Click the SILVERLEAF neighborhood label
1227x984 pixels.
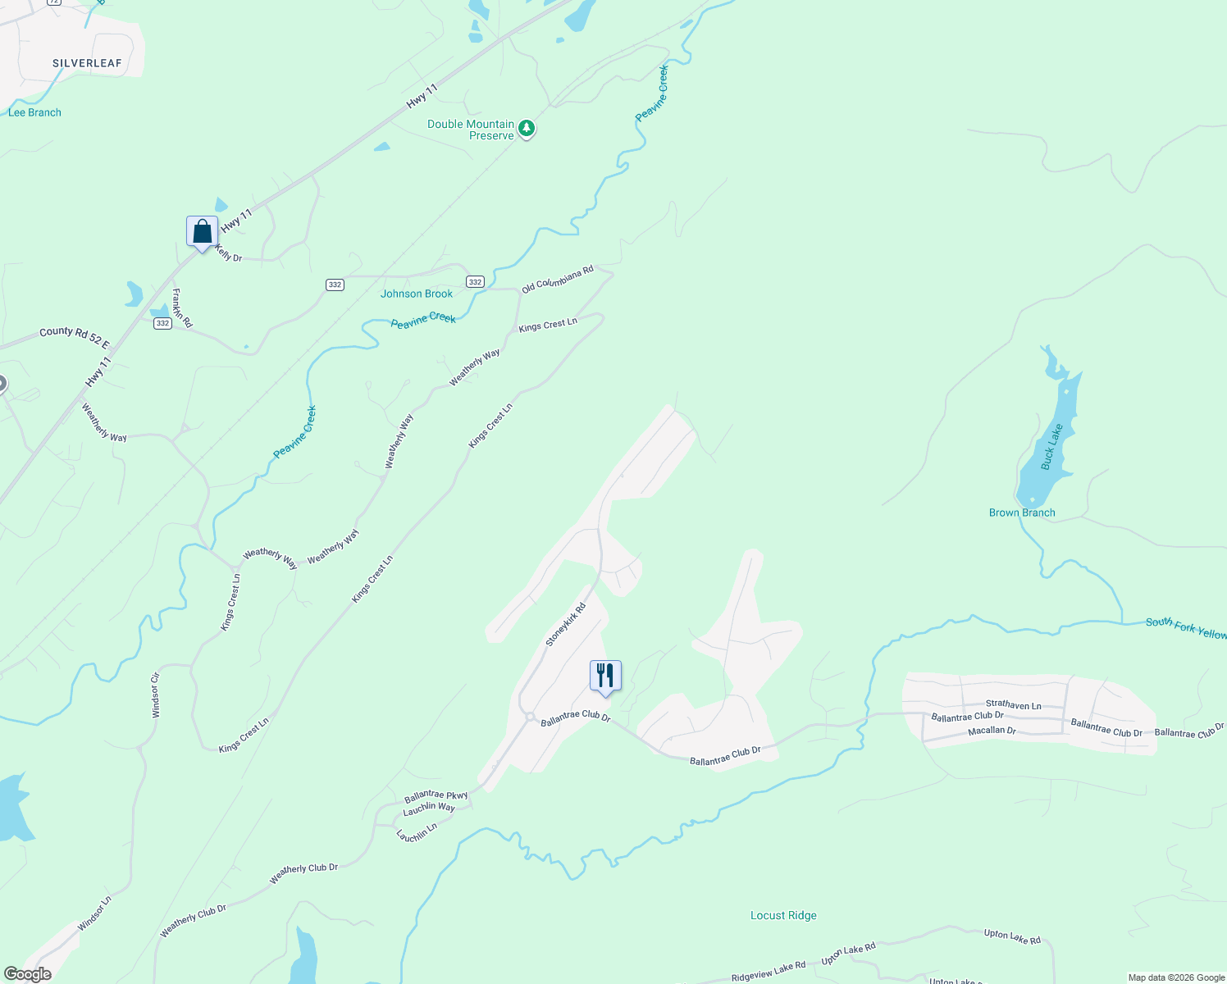tap(87, 63)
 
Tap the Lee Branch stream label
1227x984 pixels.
tap(34, 112)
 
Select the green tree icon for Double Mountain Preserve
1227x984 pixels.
tap(527, 128)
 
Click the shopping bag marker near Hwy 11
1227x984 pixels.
tap(202, 232)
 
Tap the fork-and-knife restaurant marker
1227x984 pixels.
tap(605, 676)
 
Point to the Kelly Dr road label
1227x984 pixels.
tap(228, 253)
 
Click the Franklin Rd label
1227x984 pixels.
tap(182, 308)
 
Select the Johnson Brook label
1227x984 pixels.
tap(417, 294)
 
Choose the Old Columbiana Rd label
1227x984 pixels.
tap(558, 280)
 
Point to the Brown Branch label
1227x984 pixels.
tap(1022, 512)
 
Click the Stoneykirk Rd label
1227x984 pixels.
tap(566, 625)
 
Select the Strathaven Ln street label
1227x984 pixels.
tap(1013, 704)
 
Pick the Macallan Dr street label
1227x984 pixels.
tap(992, 730)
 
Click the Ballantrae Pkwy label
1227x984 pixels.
tap(436, 795)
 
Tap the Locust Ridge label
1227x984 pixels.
tap(783, 915)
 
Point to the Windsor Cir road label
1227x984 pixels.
tap(156, 695)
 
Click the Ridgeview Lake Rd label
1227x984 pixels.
tap(769, 971)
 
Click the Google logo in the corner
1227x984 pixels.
tap(27, 974)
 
